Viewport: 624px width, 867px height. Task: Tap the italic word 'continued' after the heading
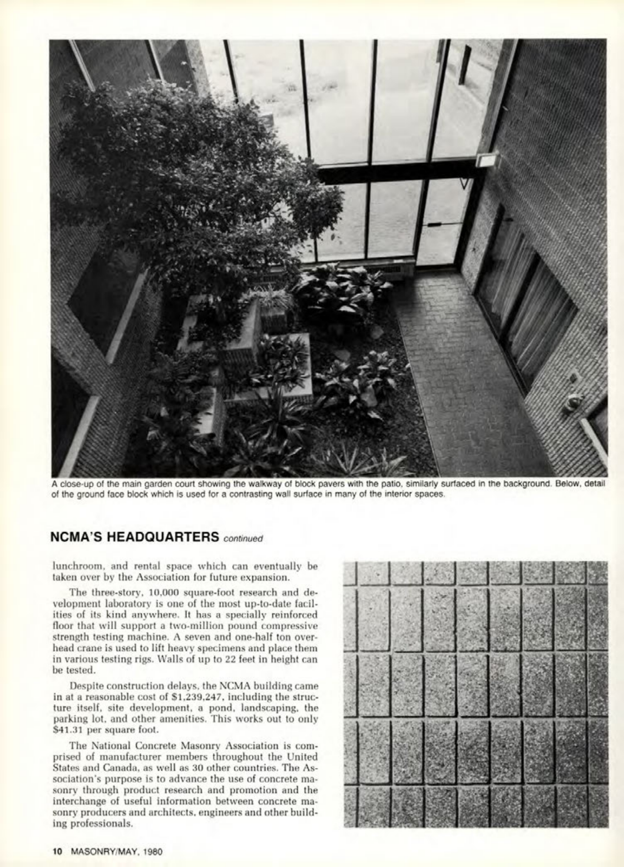coord(244,539)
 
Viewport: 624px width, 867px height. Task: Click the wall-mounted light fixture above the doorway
coord(488,160)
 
